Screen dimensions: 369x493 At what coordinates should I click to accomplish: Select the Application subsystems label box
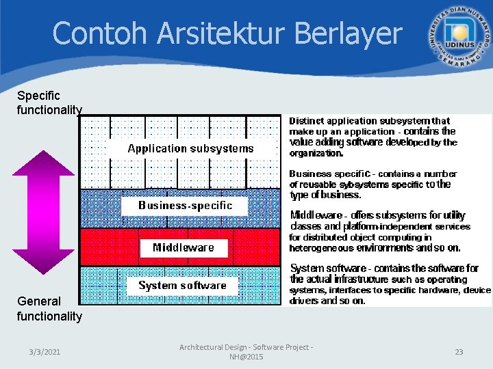coord(190,148)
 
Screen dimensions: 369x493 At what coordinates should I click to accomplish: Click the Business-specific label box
coord(185,206)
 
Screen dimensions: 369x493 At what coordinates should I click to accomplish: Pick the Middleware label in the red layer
coord(183,247)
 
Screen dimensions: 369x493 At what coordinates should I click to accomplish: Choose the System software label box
coord(182,286)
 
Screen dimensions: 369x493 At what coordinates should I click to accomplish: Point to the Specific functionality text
coord(49,102)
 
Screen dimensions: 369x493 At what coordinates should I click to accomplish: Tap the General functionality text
coord(49,308)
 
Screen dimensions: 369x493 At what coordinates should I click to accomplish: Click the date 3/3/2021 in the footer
coord(45,352)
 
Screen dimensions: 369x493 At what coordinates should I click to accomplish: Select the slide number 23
coord(459,352)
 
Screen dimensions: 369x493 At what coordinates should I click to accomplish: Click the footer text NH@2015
coord(246,357)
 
